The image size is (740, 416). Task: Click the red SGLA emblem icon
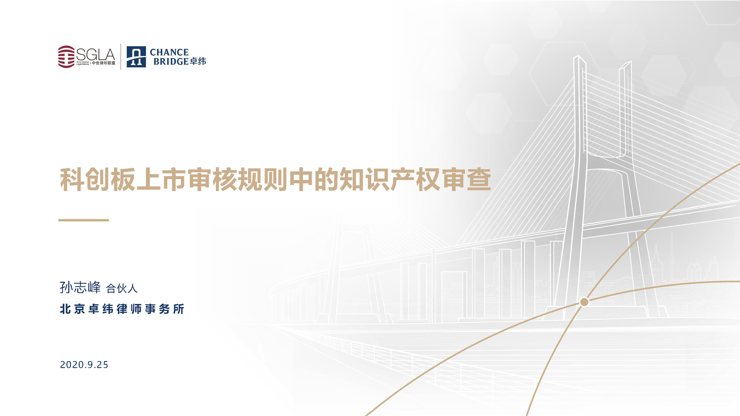click(66, 57)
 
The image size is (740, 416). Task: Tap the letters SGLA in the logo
click(95, 55)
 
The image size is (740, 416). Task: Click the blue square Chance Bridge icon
click(136, 57)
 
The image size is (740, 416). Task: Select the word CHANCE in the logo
click(169, 52)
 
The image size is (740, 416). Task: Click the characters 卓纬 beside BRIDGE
click(198, 61)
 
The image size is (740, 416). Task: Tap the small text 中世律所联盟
click(103, 63)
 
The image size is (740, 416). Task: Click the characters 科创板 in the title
click(97, 180)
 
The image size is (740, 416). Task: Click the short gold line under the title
click(84, 220)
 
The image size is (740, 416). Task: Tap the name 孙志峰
click(80, 287)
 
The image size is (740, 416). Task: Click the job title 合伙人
click(122, 288)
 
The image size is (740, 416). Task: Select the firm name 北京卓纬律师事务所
click(122, 309)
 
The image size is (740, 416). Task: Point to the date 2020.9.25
click(84, 365)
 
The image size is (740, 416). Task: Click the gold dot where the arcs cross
click(584, 302)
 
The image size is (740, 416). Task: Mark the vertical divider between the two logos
click(121, 57)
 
